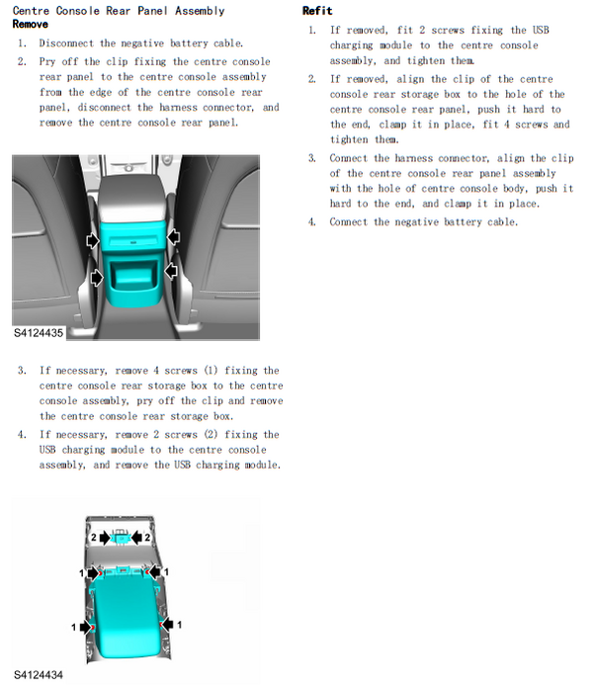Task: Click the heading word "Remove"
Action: tap(29, 23)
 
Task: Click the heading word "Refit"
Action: tap(316, 11)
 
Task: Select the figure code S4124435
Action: tap(39, 333)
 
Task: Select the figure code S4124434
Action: tap(39, 675)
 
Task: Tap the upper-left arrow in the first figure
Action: tap(92, 239)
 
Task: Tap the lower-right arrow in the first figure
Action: tap(169, 270)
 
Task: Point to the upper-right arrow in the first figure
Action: tap(174, 236)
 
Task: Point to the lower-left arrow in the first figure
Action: tap(96, 278)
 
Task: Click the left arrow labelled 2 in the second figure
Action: tap(103, 536)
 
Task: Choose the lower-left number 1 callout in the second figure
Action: tap(73, 627)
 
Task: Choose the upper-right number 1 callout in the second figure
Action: tap(167, 571)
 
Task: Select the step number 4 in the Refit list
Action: tap(311, 221)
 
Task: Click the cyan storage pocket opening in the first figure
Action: tap(132, 272)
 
